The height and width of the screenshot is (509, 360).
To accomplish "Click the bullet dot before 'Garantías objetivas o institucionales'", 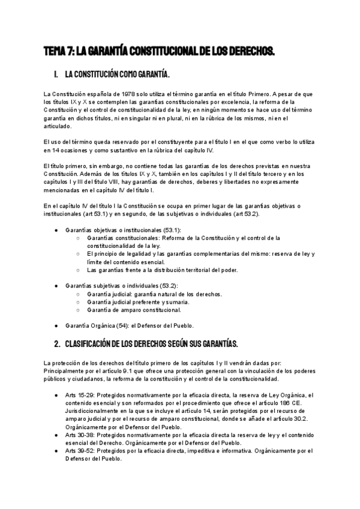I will [x=56, y=230].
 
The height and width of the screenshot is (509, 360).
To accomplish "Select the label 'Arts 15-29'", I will [x=77, y=396].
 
